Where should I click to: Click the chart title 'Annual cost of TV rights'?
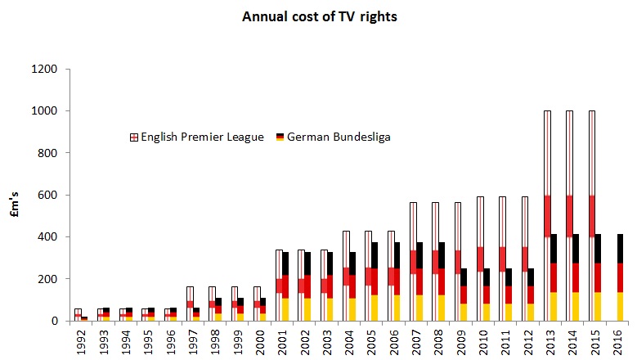(x=319, y=16)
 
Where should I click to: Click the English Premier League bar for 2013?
(x=546, y=215)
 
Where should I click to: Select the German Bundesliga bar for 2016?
(x=620, y=277)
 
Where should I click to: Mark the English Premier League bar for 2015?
(x=591, y=215)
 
